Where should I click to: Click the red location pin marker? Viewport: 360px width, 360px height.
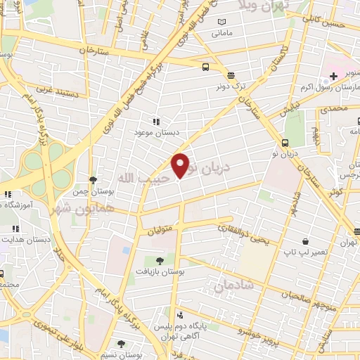click(x=181, y=165)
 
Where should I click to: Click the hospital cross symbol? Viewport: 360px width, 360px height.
click(x=333, y=76)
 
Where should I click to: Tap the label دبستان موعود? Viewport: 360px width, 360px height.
click(x=155, y=131)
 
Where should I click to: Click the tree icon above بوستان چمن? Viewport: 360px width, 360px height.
click(x=93, y=180)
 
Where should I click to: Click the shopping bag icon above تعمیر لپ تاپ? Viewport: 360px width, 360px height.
click(x=304, y=240)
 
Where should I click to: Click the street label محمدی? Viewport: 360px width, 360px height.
click(x=333, y=111)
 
